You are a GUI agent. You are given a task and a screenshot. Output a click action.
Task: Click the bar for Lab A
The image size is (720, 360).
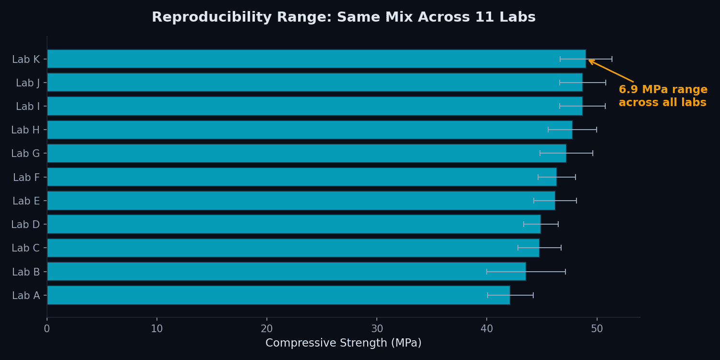coord(278,295)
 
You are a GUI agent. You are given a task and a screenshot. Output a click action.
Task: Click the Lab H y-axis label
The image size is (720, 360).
coord(25,130)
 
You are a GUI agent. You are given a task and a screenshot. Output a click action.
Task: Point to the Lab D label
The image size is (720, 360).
coord(25,225)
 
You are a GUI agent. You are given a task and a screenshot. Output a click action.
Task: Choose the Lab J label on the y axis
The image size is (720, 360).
coord(28,83)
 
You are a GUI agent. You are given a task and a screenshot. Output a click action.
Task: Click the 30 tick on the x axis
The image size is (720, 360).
coord(377,329)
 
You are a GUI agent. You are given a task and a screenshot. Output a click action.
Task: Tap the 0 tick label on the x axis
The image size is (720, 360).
coord(47,329)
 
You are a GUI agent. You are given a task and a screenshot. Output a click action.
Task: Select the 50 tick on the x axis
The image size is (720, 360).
coord(597,329)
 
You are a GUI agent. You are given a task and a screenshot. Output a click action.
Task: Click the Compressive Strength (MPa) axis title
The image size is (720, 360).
coord(343,343)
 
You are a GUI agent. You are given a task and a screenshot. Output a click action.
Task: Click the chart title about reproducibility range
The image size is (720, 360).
coord(343,17)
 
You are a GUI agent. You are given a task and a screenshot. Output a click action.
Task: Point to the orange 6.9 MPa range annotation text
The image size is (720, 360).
coord(662,96)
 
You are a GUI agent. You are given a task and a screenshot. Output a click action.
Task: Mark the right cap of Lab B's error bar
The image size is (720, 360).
coord(565,272)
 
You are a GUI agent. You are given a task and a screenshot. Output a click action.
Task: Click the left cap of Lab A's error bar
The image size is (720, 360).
coord(488,295)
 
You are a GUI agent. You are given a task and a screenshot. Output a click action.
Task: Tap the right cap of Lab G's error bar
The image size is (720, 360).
coord(593,154)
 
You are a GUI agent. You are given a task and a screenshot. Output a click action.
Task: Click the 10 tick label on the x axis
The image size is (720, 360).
coord(157,329)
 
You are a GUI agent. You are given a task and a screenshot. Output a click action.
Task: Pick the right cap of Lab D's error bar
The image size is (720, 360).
coord(558,224)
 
